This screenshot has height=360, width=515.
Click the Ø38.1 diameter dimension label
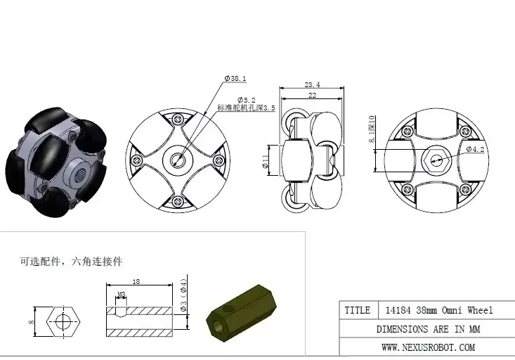click(x=235, y=79)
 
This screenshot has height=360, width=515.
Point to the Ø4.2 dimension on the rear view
click(x=475, y=149)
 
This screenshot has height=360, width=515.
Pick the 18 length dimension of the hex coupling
click(x=136, y=281)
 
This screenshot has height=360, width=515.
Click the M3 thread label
click(x=122, y=295)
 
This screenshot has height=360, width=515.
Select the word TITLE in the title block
click(x=357, y=310)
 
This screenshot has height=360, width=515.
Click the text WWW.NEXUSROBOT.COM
click(x=428, y=347)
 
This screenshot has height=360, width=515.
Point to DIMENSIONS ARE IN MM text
click(x=428, y=328)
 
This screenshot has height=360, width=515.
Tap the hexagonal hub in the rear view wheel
click(x=436, y=159)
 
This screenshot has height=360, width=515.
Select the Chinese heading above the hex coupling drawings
click(x=71, y=261)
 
